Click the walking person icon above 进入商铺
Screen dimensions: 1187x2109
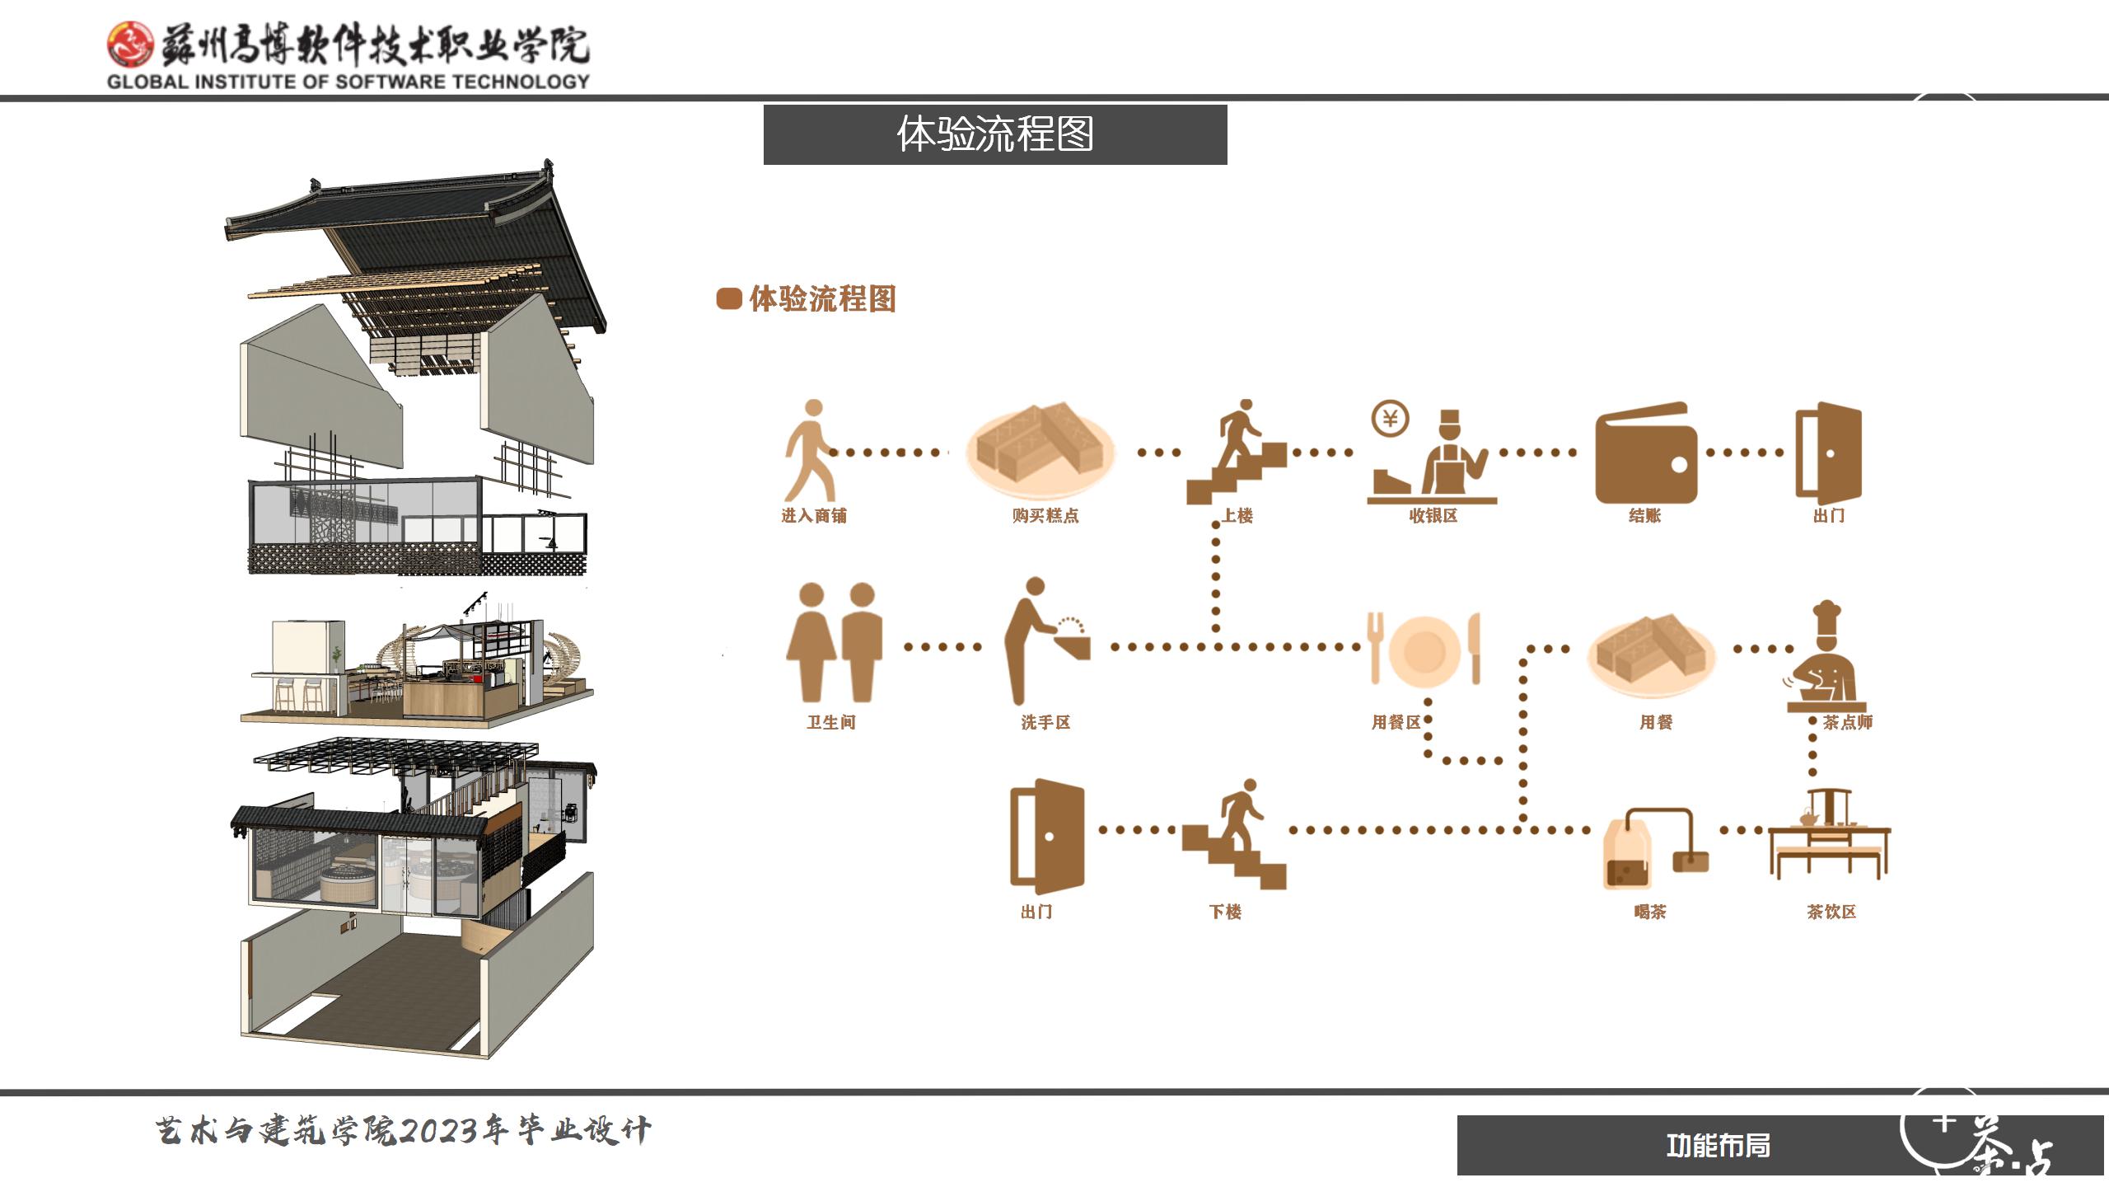point(810,450)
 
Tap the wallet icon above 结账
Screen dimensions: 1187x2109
point(1645,453)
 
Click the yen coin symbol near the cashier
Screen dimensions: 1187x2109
point(1390,419)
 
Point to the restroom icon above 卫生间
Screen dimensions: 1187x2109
point(834,642)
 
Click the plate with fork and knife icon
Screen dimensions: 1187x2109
point(1424,649)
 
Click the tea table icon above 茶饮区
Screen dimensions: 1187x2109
point(1829,836)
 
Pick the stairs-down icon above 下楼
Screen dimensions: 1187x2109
point(1234,834)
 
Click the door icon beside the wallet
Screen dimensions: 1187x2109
point(1828,453)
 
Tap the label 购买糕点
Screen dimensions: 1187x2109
point(1045,516)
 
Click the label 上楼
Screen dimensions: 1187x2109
point(1237,516)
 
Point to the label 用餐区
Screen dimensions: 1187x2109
point(1396,723)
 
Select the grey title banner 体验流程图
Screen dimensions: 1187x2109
point(994,134)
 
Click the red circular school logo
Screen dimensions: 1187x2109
point(130,44)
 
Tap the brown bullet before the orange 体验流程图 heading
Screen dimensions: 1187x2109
point(728,298)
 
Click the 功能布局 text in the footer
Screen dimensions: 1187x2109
point(1718,1146)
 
